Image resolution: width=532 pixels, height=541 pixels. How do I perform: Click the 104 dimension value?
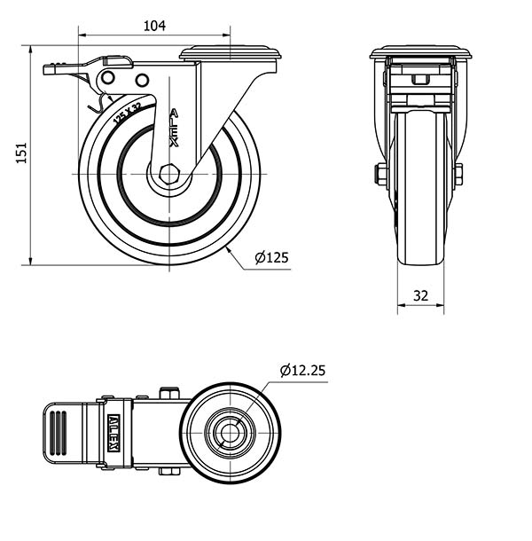click(154, 26)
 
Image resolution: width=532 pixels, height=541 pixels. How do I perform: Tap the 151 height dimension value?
click(21, 153)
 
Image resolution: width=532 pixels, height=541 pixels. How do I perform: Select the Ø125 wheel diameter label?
click(271, 257)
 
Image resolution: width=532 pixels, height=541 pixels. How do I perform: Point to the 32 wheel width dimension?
click(420, 295)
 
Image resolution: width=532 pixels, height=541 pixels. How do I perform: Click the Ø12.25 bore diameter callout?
click(302, 370)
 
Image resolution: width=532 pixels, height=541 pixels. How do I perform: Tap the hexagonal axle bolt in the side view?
click(169, 174)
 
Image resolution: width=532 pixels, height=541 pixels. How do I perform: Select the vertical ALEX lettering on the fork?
click(174, 128)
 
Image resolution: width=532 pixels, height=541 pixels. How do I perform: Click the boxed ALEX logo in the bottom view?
click(113, 433)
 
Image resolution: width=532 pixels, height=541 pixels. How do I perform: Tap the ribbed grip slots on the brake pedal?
click(58, 433)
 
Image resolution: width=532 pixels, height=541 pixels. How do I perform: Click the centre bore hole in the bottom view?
click(230, 433)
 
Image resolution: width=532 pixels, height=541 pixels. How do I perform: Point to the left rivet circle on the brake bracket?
click(108, 77)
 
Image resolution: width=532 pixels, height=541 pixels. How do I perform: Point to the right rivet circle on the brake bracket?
click(142, 80)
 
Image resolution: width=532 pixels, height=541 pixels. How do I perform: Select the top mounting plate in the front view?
click(420, 52)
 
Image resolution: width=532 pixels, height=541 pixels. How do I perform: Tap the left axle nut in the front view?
click(380, 175)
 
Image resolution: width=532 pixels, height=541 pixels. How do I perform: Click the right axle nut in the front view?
click(458, 175)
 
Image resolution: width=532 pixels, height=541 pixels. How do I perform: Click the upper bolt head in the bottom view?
click(169, 393)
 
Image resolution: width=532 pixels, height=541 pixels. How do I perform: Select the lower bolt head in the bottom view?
click(169, 471)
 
